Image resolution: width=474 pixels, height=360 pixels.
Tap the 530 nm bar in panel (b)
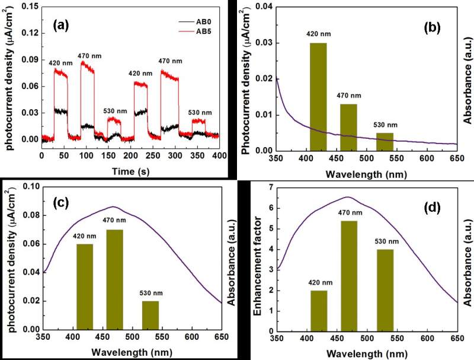point(385,142)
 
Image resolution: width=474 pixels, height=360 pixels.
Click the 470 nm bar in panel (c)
point(114,279)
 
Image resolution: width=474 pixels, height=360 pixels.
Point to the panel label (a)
point(65,26)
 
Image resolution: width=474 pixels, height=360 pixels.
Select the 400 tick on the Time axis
point(219,155)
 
